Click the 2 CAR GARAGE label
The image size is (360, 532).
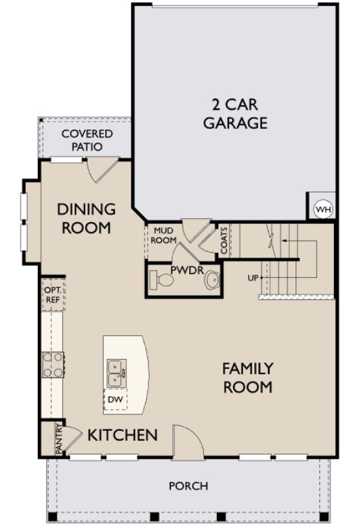pos(235,114)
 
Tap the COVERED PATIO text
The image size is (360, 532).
pos(87,140)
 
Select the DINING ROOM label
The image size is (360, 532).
pos(86,218)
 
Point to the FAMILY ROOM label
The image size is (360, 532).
pos(248,377)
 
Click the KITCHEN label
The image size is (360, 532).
pos(123,436)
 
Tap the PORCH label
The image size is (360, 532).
pos(188,486)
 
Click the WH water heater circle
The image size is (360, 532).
pos(323,209)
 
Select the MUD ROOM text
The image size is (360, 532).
pos(164,235)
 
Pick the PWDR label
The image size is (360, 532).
pos(182,271)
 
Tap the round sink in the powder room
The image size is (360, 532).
pos(212,281)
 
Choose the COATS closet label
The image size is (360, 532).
pos(224,240)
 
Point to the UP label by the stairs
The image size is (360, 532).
pos(253,277)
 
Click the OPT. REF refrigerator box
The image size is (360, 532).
pos(52,295)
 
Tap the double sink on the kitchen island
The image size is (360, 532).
pos(116,372)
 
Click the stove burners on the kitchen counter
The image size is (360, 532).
pos(53,364)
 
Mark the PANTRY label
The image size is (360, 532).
pos(59,439)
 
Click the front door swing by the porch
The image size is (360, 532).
pos(187,442)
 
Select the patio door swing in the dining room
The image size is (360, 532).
pos(102,169)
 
